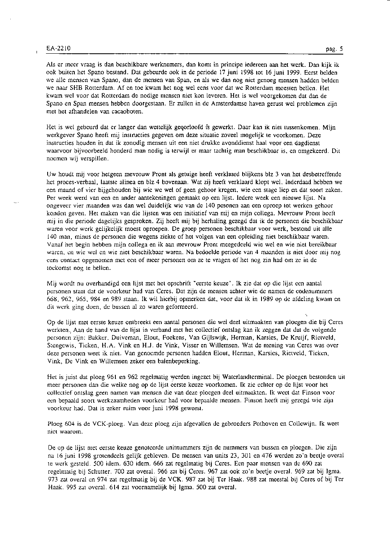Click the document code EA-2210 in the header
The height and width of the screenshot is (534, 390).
(x=58, y=48)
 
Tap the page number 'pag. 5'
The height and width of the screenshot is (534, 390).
(x=334, y=48)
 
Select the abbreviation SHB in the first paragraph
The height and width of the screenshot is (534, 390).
(x=74, y=87)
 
